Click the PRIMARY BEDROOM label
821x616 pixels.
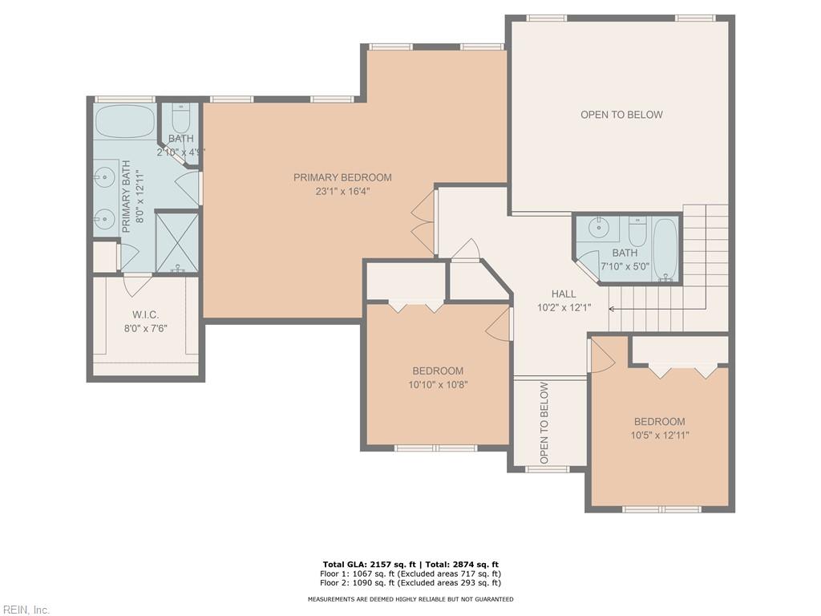click(x=342, y=177)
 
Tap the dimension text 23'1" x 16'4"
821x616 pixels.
click(x=342, y=191)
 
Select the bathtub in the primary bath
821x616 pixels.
click(x=125, y=122)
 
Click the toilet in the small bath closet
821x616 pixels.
click(x=180, y=120)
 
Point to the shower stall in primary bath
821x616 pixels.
click(x=176, y=241)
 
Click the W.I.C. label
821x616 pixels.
click(x=145, y=314)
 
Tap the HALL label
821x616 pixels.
click(x=563, y=294)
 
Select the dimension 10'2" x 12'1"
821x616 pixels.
click(x=564, y=307)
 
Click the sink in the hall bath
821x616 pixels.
click(x=599, y=229)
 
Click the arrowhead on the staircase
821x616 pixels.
click(x=612, y=308)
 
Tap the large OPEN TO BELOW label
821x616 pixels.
click(x=621, y=115)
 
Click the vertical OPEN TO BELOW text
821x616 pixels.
click(x=544, y=423)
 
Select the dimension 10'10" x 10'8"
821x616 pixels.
click(x=438, y=384)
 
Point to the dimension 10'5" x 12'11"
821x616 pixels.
click(x=659, y=435)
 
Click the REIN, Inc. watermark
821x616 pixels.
click(x=26, y=610)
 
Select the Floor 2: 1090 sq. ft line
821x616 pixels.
click(x=410, y=582)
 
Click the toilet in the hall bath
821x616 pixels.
click(x=637, y=233)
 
